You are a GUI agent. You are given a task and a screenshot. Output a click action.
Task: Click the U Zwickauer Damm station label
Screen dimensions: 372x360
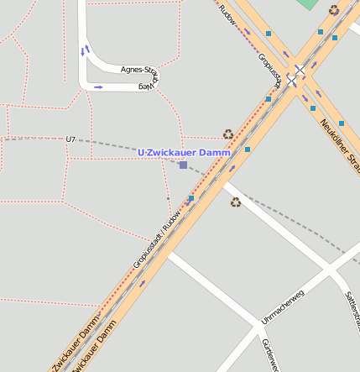184,152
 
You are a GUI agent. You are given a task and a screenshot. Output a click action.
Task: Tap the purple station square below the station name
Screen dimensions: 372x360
183,165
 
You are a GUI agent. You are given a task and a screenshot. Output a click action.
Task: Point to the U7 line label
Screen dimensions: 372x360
70,139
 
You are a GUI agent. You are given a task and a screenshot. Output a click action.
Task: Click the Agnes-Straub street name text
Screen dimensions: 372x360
139,70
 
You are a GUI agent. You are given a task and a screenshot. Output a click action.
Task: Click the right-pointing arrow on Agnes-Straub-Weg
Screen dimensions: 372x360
98,86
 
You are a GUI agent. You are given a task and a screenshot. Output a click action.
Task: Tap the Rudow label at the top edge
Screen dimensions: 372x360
226,8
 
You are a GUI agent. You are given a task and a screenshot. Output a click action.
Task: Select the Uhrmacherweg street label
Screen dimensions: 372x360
281,308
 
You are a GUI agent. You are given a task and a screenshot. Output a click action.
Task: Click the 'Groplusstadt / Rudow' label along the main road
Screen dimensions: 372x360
159,238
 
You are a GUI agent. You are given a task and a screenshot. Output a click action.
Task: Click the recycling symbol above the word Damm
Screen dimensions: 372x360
228,134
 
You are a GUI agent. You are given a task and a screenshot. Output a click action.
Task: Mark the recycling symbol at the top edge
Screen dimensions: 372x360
334,10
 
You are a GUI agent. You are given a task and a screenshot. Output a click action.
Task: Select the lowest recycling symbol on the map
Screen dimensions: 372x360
236,202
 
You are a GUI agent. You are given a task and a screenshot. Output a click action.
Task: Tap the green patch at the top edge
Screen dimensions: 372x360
308,4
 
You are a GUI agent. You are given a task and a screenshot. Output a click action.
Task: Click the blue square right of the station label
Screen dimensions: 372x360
248,149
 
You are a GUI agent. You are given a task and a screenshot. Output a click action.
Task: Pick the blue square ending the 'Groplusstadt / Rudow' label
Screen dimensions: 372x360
191,199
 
